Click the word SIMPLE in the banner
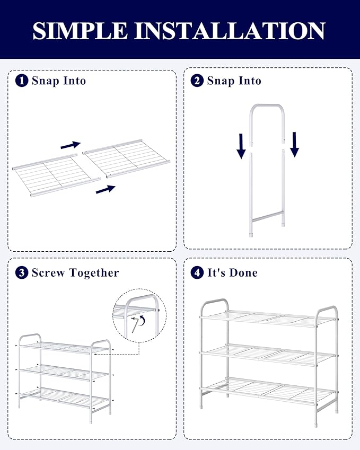click(80, 30)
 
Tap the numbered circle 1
click(22, 81)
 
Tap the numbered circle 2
click(197, 81)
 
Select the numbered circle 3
click(22, 272)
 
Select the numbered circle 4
click(197, 272)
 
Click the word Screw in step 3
click(48, 272)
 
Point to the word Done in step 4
click(243, 272)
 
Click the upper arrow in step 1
click(71, 145)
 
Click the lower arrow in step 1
click(106, 189)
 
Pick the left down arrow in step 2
click(241, 146)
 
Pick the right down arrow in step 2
click(294, 145)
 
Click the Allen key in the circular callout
click(135, 324)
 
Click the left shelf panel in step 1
click(57, 175)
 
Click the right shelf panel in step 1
click(127, 158)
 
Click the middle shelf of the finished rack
click(269, 355)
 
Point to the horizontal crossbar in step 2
click(267, 217)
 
